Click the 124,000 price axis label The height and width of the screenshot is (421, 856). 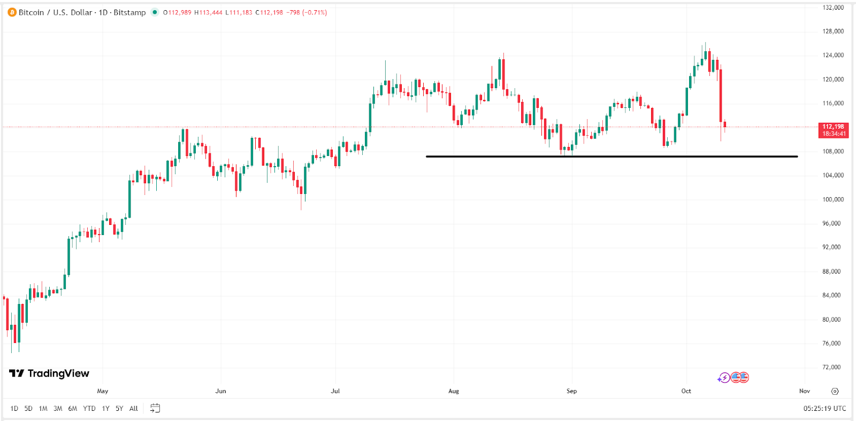tap(833, 56)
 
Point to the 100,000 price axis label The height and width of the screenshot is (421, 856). tap(833, 200)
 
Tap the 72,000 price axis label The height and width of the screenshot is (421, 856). tap(831, 368)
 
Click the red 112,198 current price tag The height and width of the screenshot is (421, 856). tap(834, 130)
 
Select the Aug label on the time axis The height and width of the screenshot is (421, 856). tap(454, 391)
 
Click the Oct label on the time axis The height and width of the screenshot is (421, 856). tap(686, 391)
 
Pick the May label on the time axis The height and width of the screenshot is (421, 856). tap(103, 391)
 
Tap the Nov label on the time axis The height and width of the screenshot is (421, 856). tap(804, 391)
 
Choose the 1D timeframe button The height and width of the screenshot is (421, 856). tap(14, 409)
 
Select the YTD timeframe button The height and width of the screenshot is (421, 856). tap(89, 409)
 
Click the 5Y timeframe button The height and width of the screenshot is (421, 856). tap(119, 409)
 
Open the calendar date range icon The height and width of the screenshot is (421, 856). tap(155, 408)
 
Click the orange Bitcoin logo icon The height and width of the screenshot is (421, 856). tap(12, 12)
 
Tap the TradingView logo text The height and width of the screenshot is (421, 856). tap(49, 373)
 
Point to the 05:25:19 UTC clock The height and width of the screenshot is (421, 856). tap(824, 409)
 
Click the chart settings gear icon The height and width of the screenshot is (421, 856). tap(835, 391)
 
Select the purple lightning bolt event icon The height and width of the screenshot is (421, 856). tap(724, 378)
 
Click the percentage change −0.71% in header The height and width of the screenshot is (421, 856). tap(315, 12)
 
